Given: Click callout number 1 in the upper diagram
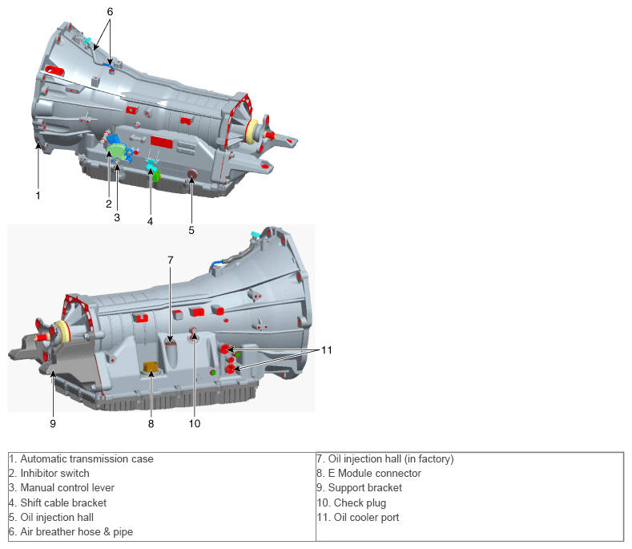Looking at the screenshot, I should tap(38, 194).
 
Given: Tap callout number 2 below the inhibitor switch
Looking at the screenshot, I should tap(108, 204).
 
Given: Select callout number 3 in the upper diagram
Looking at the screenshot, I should tap(117, 216).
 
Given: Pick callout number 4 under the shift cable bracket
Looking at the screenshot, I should tap(150, 220).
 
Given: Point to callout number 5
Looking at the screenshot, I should tap(191, 230).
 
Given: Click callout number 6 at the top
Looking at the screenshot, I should tap(110, 11).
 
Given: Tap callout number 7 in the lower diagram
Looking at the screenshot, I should tap(170, 260).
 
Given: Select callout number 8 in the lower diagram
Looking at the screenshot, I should tap(151, 423).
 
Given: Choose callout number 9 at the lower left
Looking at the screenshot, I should tap(53, 423).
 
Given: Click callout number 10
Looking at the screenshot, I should tap(195, 423).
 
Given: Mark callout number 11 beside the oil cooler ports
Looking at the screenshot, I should tap(327, 349).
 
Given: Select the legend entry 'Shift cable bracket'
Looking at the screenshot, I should tap(63, 503).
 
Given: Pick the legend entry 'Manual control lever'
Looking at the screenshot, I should tap(67, 488).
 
